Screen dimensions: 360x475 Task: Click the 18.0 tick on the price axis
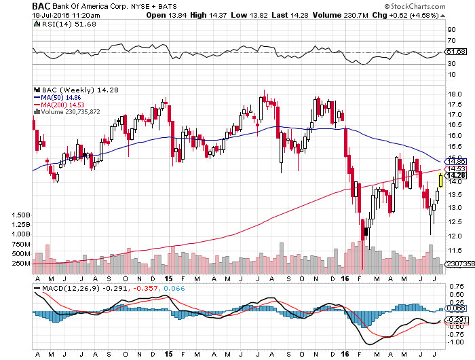coord(455,94)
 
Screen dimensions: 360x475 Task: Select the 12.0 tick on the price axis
coord(455,236)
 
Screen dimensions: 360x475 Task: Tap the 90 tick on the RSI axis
coord(451,30)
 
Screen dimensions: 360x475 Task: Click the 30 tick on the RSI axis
coord(451,63)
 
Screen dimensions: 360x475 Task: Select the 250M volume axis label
coord(21,263)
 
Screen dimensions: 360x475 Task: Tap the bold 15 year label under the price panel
coord(168,279)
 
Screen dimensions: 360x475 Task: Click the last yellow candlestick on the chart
coord(441,180)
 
